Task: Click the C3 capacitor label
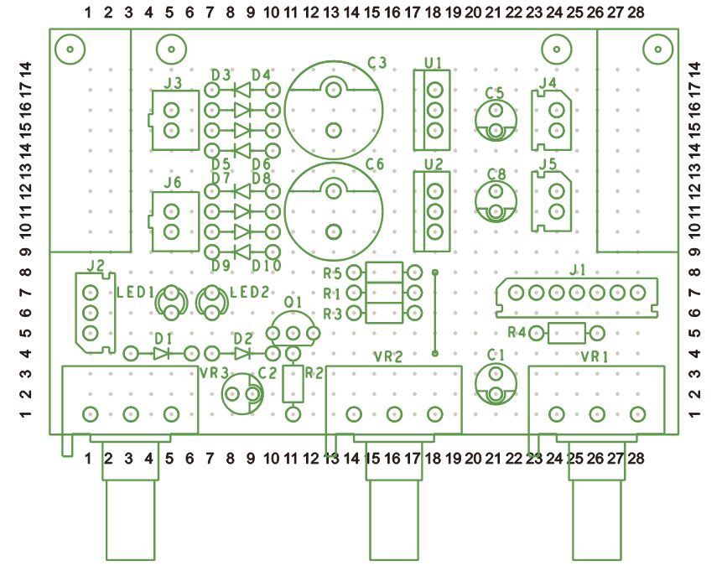coord(376,63)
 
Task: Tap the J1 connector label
coord(576,271)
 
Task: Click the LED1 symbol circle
coord(172,302)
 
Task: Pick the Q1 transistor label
coord(293,301)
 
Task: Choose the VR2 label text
coord(389,356)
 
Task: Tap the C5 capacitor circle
coord(495,121)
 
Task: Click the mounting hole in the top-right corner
coord(657,49)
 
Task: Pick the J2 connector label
coord(95,266)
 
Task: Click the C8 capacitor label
coord(496,174)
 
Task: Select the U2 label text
coord(433,164)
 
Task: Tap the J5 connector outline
coord(554,201)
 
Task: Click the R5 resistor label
coord(332,273)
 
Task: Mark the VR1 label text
coord(595,356)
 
